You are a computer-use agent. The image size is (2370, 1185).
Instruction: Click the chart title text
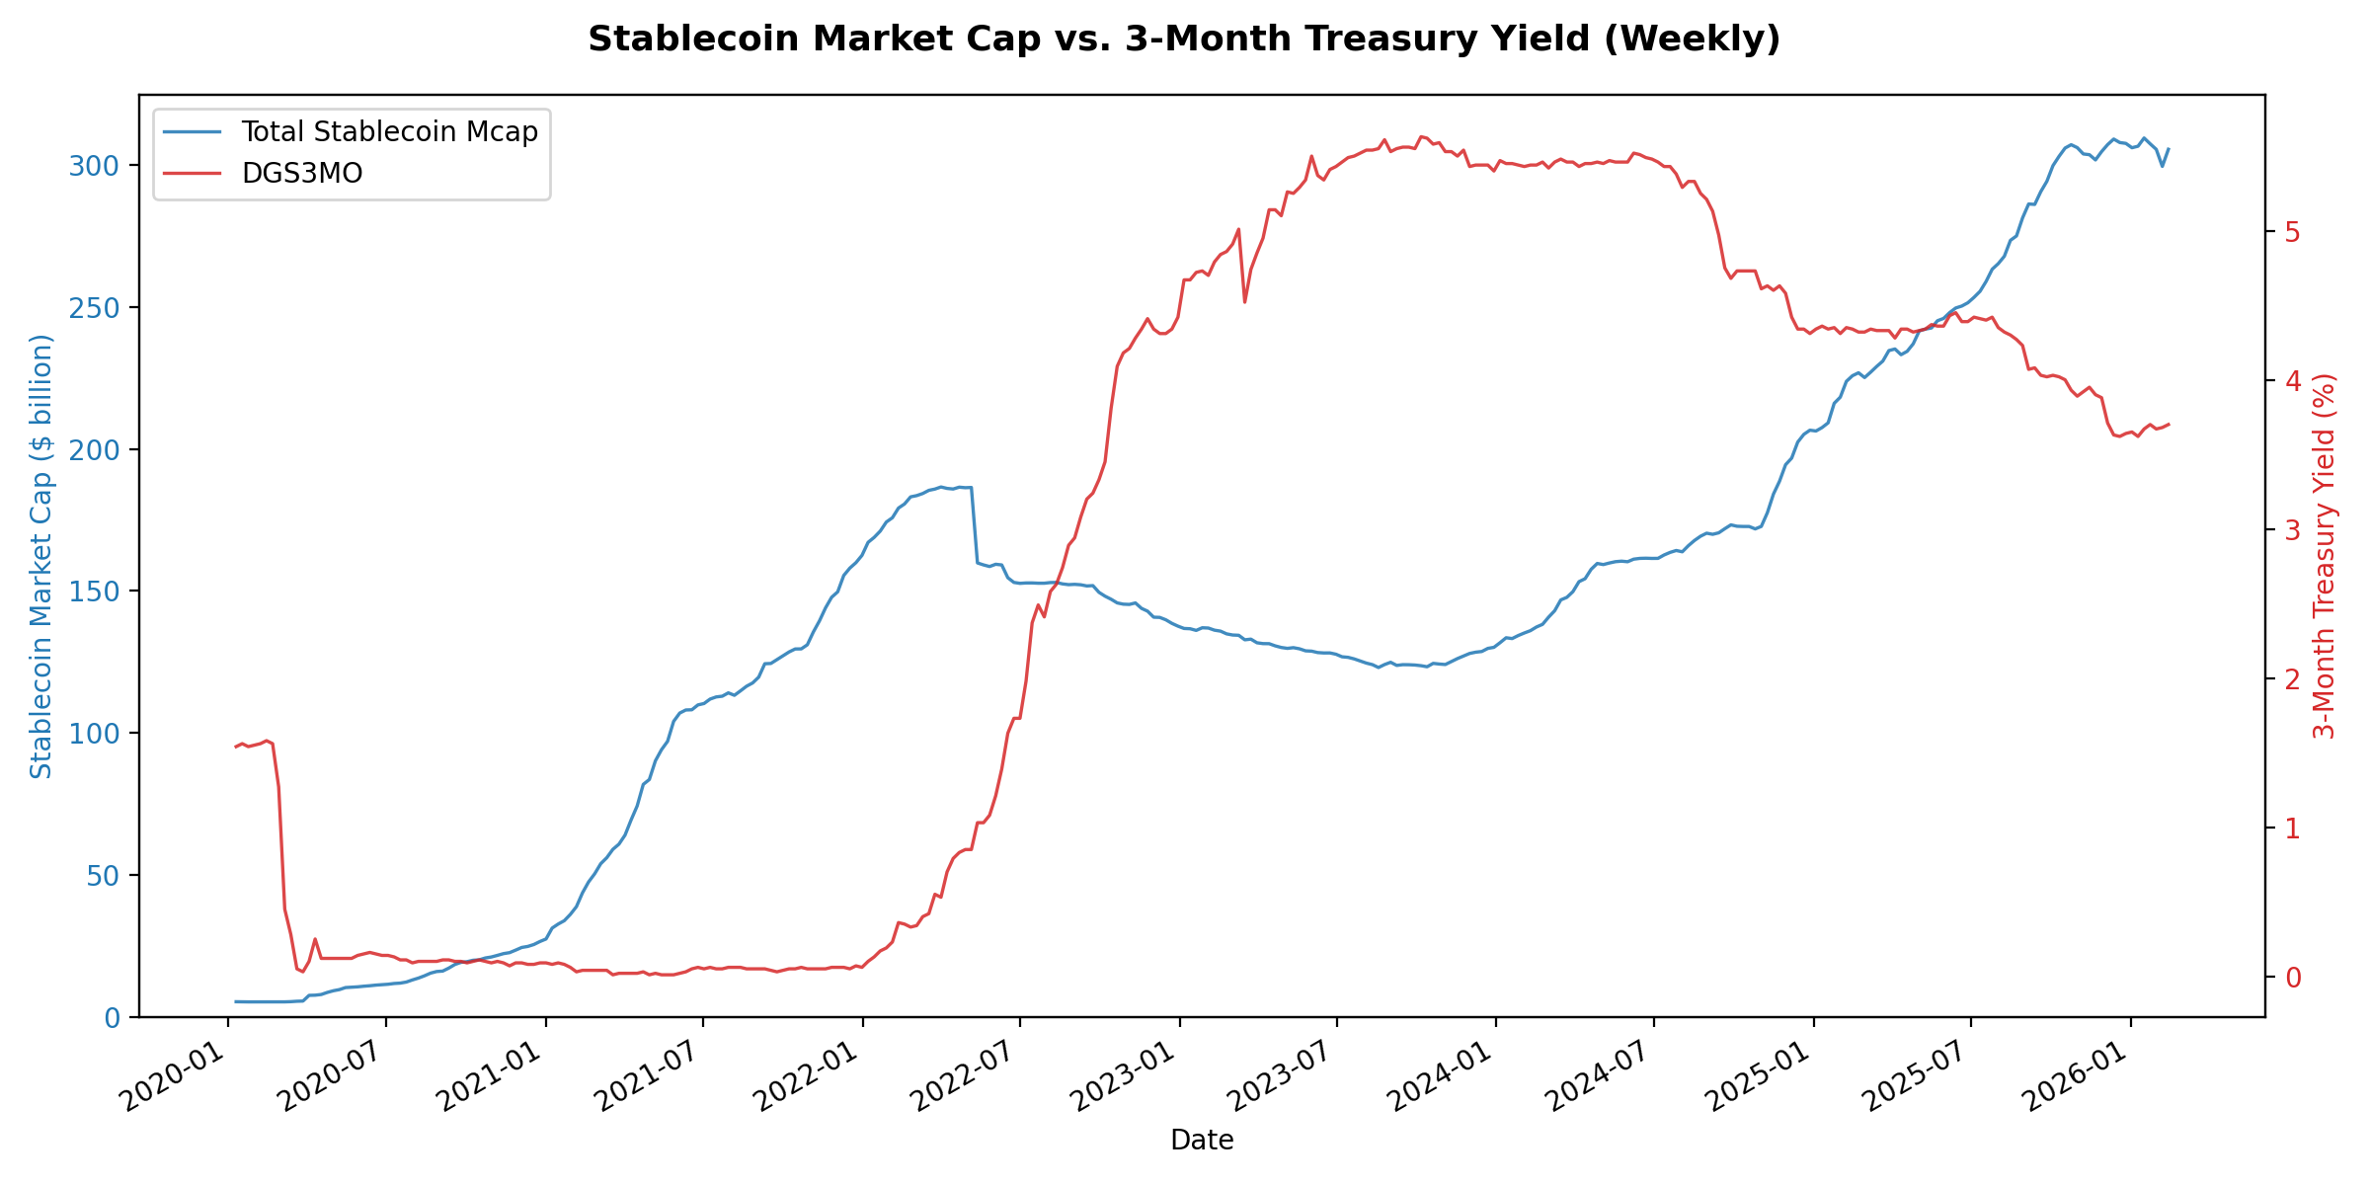click(1184, 39)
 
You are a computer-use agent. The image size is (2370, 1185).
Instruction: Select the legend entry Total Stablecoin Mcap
click(389, 132)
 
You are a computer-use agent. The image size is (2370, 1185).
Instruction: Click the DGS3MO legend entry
click(302, 174)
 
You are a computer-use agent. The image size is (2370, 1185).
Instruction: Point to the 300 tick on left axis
click(94, 166)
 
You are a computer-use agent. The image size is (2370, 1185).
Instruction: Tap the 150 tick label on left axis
click(94, 592)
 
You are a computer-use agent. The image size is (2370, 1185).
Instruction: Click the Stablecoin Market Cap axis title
click(40, 556)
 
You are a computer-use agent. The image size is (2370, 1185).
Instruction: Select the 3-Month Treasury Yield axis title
click(2326, 556)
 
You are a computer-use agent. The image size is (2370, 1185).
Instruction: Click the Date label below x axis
click(1202, 1142)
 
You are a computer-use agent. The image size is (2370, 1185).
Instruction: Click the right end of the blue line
click(2169, 149)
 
